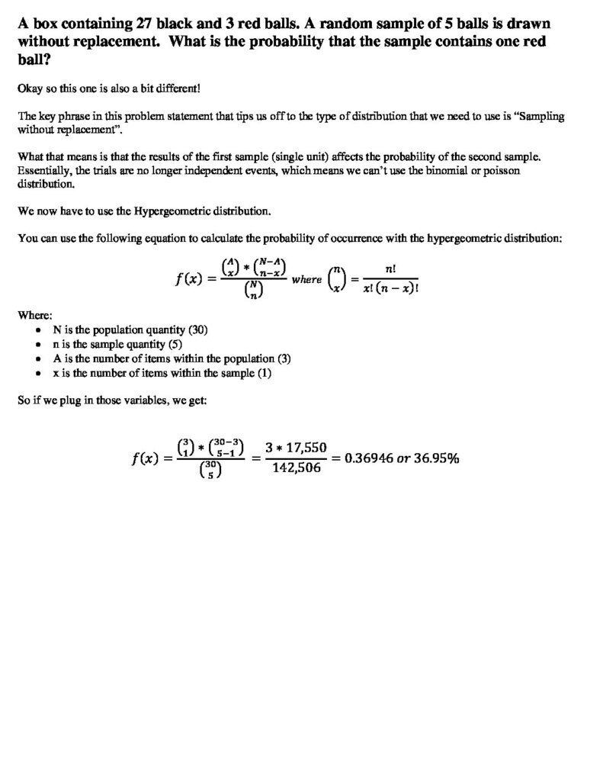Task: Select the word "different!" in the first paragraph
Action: point(176,88)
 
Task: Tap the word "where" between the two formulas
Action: point(306,280)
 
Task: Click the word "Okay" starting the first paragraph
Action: point(29,88)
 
